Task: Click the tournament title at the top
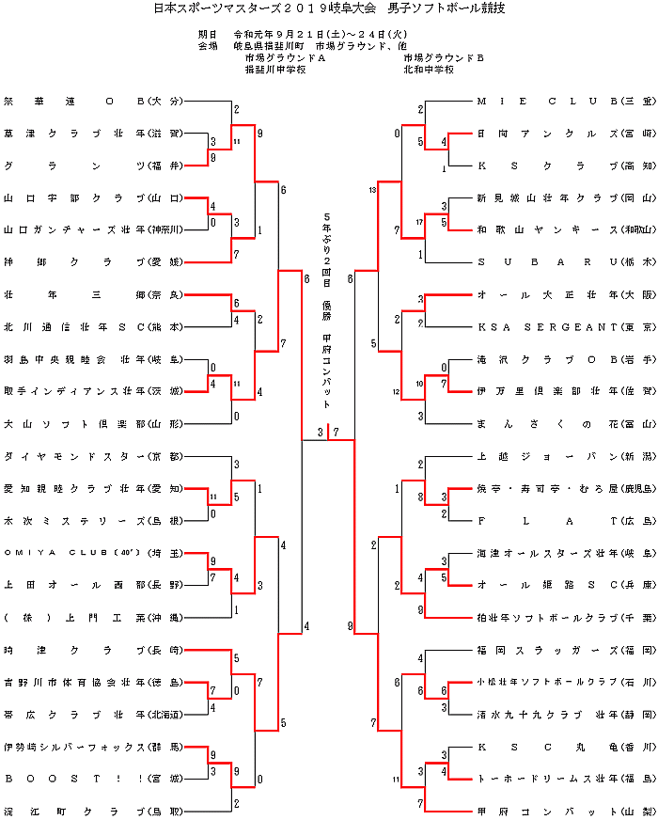click(x=328, y=8)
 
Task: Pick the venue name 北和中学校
click(x=429, y=70)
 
